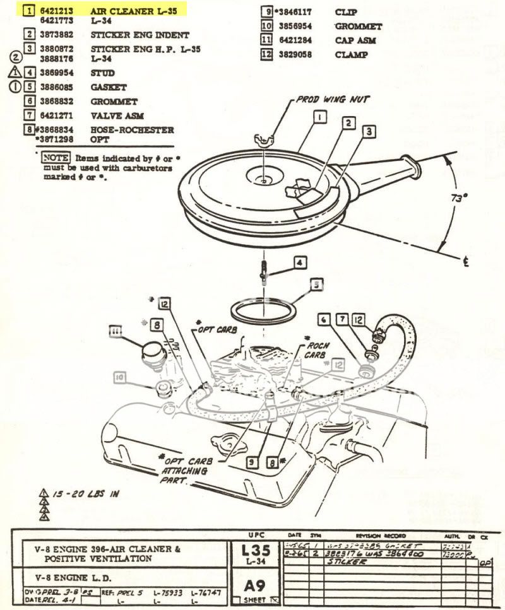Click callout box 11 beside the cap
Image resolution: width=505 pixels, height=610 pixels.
pos(115,330)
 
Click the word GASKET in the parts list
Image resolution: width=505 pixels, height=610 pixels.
pos(108,87)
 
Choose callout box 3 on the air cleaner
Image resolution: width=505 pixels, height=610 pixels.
pos(369,131)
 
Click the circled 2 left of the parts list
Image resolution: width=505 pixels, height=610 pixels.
pos(16,57)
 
